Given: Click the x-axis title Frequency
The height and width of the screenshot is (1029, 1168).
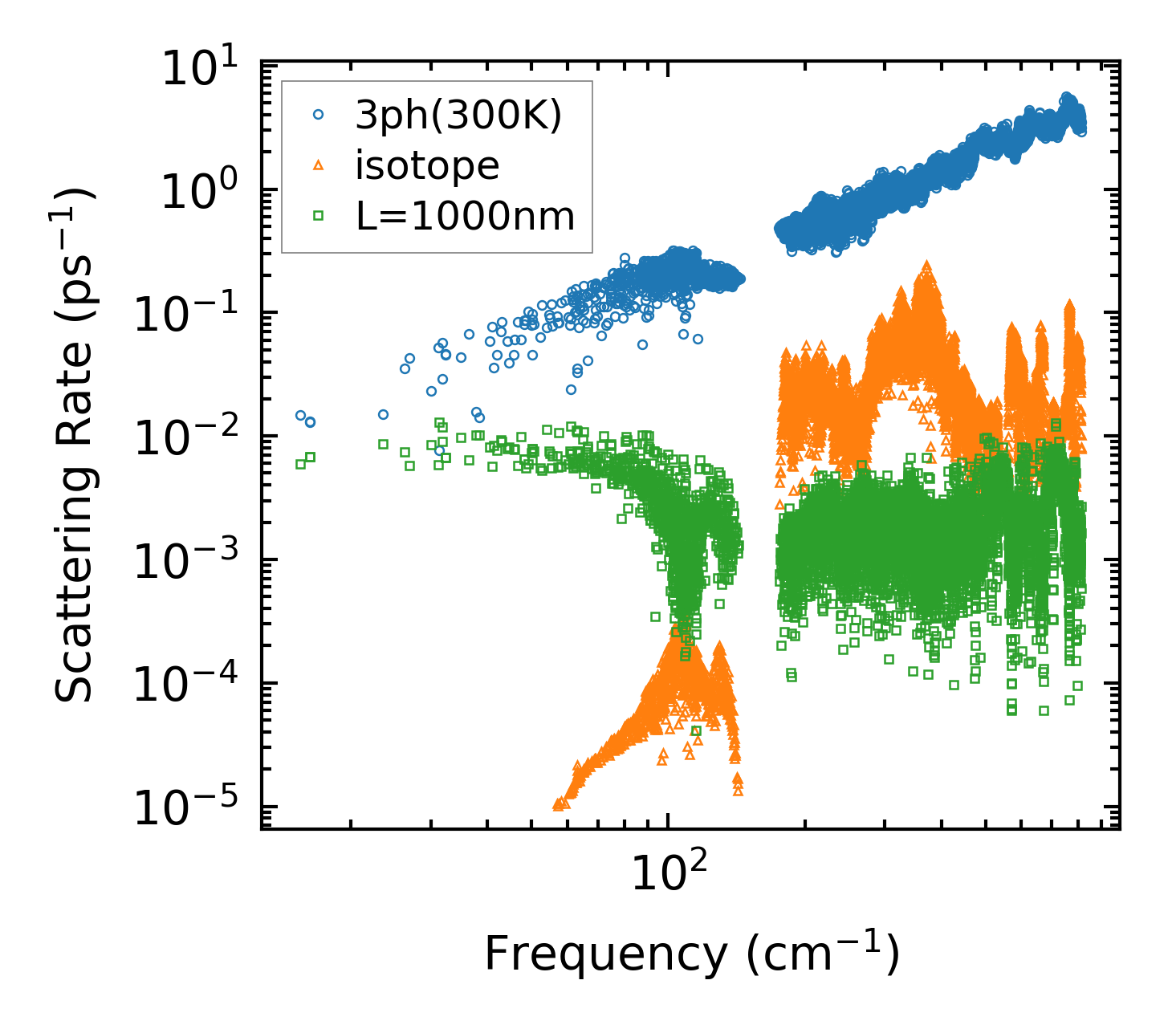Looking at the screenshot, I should coord(691,954).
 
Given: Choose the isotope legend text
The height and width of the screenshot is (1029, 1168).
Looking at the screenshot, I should coord(427,165).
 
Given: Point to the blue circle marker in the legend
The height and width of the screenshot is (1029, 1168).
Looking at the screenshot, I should coord(318,115).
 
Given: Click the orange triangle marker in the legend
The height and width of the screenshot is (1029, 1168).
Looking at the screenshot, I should coord(318,165).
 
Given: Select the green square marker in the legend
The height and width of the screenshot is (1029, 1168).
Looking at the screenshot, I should coord(318,215).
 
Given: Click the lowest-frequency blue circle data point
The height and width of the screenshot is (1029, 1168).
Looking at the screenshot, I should coord(300,415).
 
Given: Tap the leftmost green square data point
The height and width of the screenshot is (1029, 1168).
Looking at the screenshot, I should coord(300,464).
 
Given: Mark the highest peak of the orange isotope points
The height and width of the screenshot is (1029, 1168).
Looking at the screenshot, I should coord(926,266).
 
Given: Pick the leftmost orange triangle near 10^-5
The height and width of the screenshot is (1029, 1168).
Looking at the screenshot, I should coord(558,804).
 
